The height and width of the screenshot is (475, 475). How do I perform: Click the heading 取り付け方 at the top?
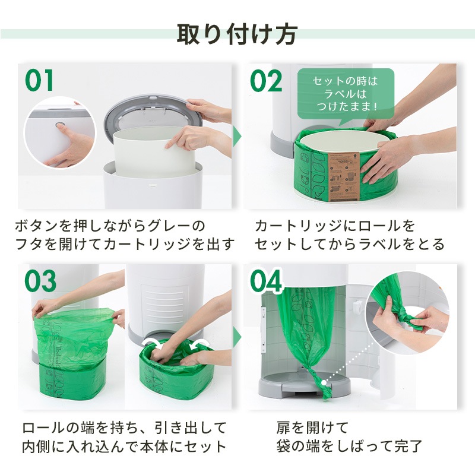tap(237, 34)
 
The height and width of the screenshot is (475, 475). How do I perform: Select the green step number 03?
tap(40, 281)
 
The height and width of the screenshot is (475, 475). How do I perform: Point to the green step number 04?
tap(267, 281)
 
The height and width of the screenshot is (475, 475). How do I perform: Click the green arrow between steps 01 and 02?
tap(237, 136)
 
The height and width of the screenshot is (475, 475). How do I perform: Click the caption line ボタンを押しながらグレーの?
tap(109, 226)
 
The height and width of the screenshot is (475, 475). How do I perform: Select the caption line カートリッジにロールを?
tap(335, 226)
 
